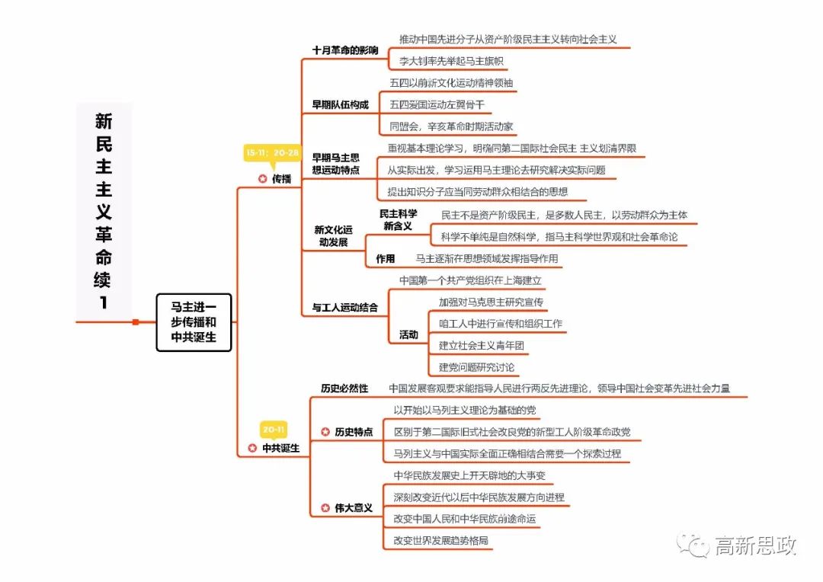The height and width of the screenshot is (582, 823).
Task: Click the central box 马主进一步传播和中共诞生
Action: click(194, 322)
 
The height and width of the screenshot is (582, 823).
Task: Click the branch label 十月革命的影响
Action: click(345, 50)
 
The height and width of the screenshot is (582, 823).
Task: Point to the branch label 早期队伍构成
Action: click(340, 105)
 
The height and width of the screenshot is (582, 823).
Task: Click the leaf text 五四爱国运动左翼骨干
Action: click(437, 104)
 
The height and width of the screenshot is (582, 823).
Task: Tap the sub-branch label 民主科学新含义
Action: click(398, 219)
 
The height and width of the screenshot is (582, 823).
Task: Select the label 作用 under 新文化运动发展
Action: click(386, 259)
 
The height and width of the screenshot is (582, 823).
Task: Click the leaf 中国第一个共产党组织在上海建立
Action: click(471, 281)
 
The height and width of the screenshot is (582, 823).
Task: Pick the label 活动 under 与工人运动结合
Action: click(408, 334)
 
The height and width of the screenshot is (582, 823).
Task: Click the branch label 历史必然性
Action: click(344, 389)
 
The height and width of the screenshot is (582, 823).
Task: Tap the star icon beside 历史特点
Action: click(325, 432)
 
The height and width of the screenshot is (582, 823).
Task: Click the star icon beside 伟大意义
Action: click(325, 507)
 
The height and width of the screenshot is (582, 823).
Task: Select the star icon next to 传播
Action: click(263, 178)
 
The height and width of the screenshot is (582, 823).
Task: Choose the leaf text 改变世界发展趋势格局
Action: click(441, 541)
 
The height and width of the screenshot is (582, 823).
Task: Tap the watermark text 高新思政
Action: click(755, 545)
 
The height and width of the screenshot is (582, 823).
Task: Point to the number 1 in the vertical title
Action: click(104, 302)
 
